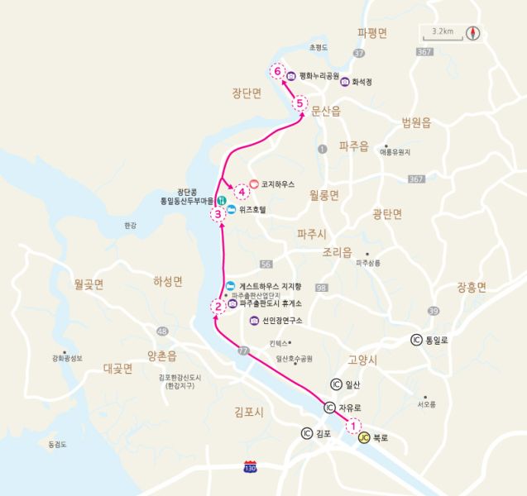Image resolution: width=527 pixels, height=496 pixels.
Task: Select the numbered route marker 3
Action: point(218,215)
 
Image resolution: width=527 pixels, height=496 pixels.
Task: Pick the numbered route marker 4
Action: point(242,192)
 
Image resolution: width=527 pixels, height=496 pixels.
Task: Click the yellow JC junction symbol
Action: point(364,438)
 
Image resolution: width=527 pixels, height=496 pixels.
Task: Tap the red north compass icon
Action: point(473,33)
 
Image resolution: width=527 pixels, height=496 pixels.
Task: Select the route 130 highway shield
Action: point(250,467)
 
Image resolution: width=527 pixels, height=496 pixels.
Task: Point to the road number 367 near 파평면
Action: point(424,52)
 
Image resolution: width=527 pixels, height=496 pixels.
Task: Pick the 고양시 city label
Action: point(362,360)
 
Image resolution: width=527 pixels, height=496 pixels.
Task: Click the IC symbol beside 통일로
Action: point(415,340)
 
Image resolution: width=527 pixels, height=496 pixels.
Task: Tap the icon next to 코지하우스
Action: point(255,184)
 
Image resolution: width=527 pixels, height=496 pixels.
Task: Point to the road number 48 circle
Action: point(162,331)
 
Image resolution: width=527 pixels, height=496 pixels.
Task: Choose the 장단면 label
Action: point(247,93)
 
